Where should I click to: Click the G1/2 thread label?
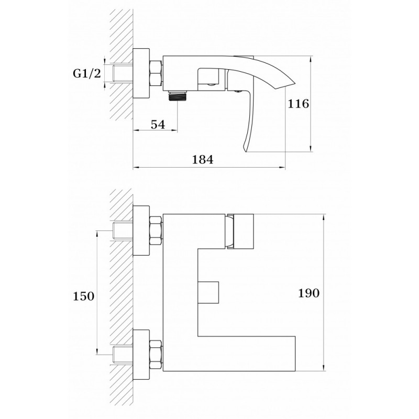click(87, 73)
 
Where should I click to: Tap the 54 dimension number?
click(158, 125)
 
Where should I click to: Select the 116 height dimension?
click(298, 104)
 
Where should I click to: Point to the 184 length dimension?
click(203, 160)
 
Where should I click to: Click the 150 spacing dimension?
click(84, 296)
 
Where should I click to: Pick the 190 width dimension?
click(308, 293)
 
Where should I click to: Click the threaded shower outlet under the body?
click(178, 96)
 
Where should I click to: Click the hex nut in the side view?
click(155, 73)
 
